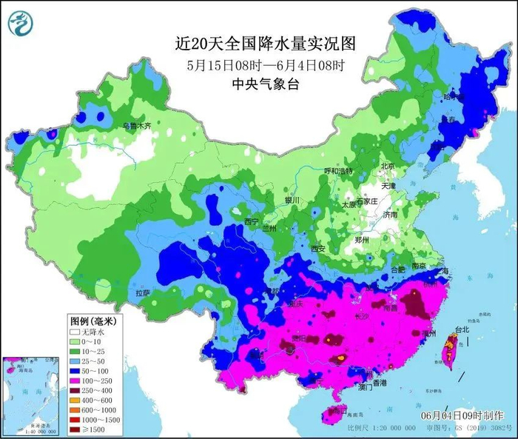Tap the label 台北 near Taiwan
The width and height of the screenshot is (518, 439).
click(461, 329)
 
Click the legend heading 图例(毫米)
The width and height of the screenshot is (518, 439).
click(97, 321)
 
